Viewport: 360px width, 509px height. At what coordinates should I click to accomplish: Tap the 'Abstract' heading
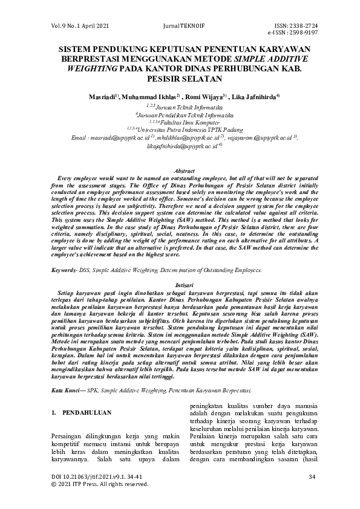[x=180, y=172]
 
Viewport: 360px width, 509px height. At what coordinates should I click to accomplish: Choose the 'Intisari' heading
[x=180, y=282]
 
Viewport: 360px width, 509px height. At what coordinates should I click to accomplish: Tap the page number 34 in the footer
[x=312, y=478]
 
